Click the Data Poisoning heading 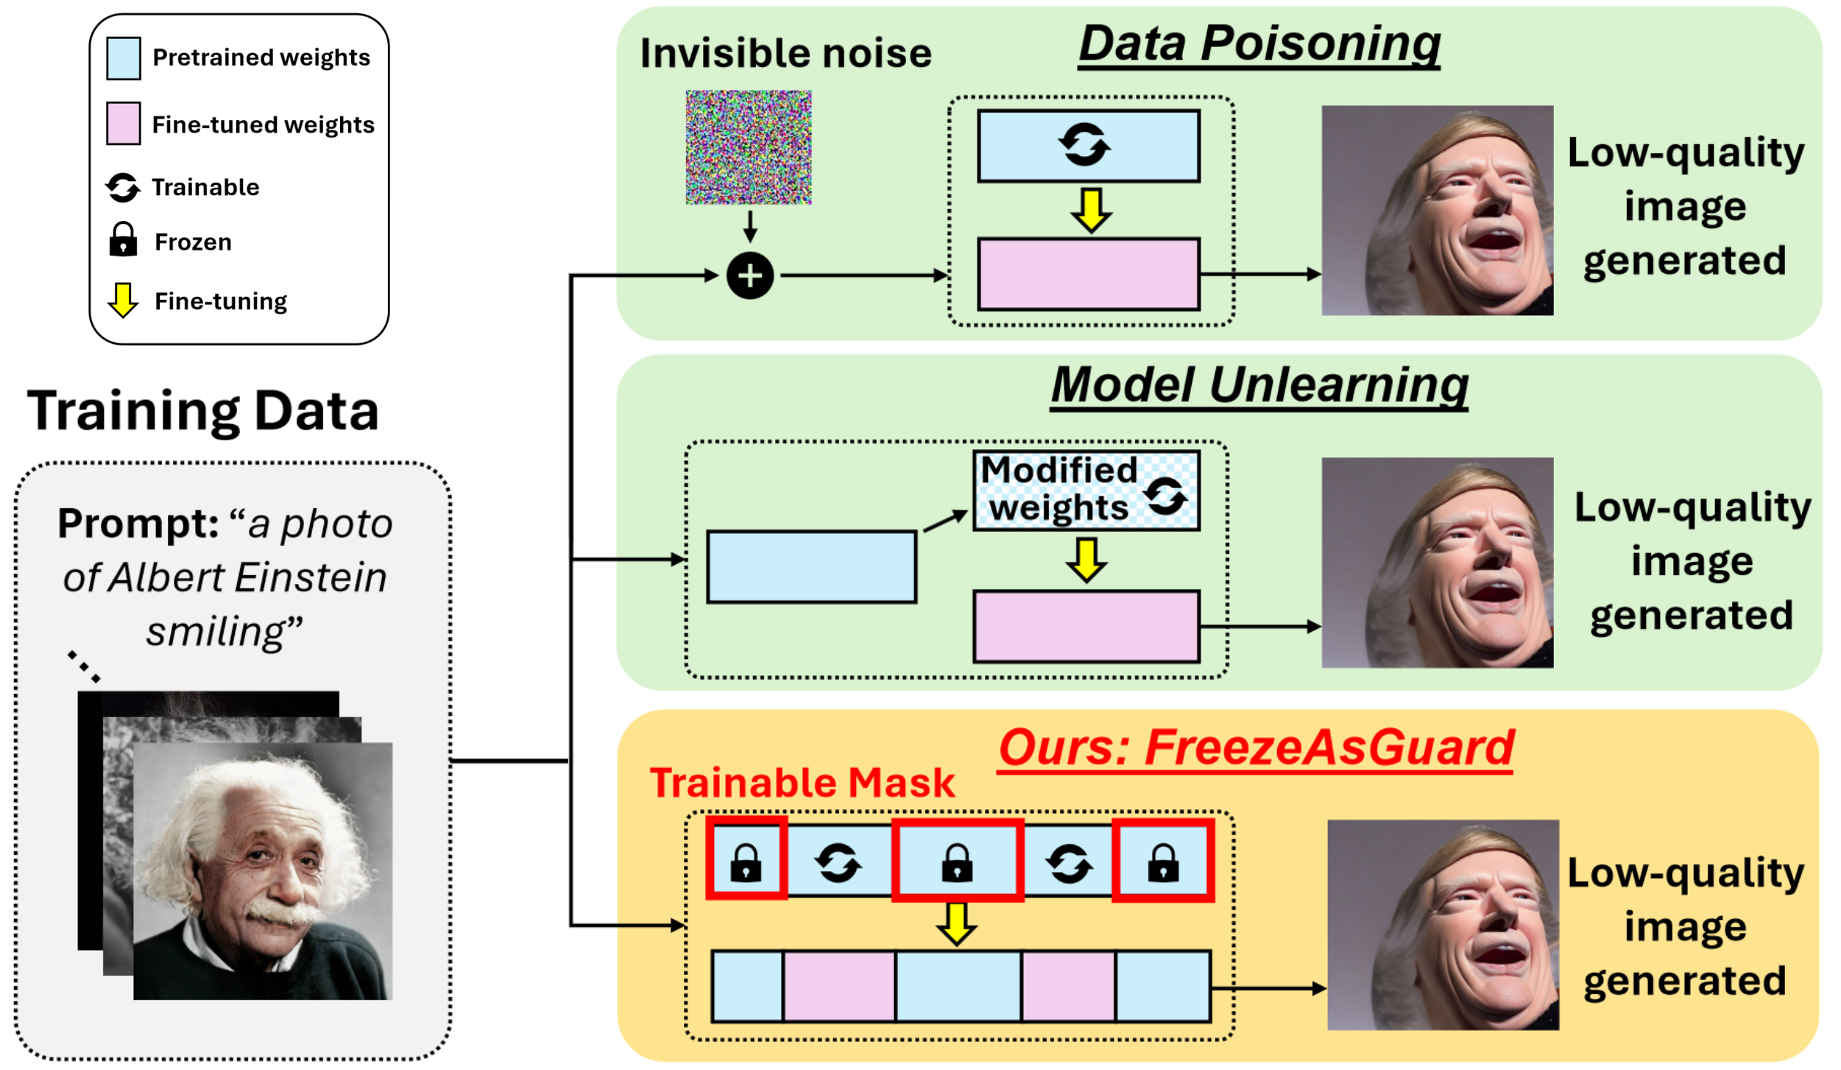click(x=1259, y=44)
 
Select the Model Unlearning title click(x=1259, y=385)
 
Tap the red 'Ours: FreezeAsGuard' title click(x=1255, y=747)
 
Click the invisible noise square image click(x=749, y=147)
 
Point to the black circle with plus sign click(x=749, y=276)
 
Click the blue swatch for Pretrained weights click(x=123, y=58)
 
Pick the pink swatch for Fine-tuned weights click(x=123, y=123)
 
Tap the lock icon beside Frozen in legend click(x=123, y=240)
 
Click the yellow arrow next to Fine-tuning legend click(x=123, y=300)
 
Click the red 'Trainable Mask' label click(x=802, y=783)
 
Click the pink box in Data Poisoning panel click(x=1088, y=274)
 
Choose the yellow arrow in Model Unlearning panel click(x=1086, y=560)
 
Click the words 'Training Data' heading click(x=203, y=411)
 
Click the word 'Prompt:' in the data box click(x=138, y=524)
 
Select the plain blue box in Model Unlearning click(x=811, y=567)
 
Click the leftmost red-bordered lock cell click(x=746, y=859)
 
